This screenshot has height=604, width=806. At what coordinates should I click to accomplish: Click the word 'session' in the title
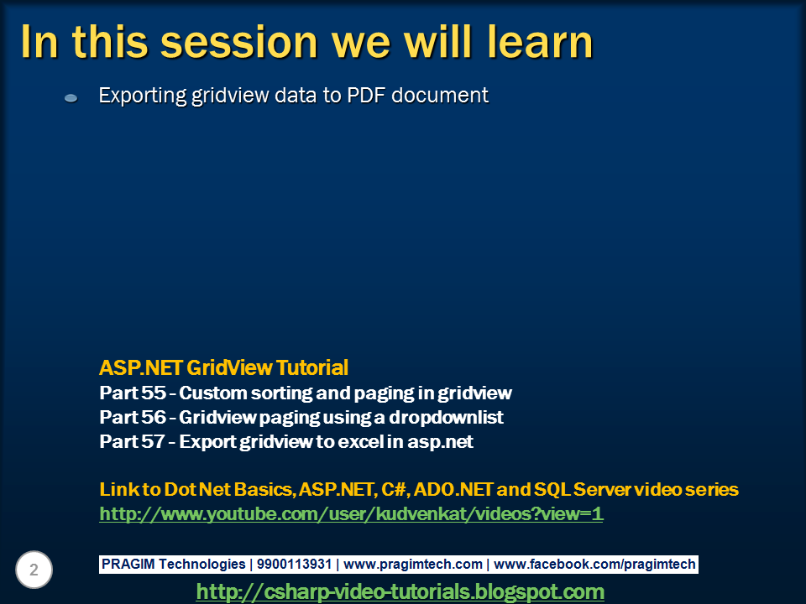239,42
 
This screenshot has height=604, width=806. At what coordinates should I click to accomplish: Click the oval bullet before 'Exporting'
71,97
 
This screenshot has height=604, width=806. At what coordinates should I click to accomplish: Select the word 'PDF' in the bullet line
366,95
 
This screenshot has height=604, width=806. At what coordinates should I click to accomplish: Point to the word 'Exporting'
143,96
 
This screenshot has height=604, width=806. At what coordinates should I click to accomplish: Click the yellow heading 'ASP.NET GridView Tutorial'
223,367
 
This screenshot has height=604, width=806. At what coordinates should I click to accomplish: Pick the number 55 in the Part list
154,393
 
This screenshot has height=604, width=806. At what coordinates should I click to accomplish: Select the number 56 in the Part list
154,417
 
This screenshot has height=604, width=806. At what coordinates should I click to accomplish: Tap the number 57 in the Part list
153,442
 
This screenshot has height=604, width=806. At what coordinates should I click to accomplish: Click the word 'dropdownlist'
446,417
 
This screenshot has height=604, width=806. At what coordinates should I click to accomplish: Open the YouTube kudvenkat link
351,513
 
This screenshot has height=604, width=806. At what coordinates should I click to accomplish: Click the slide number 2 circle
34,570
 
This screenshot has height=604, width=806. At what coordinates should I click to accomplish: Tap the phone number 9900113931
294,564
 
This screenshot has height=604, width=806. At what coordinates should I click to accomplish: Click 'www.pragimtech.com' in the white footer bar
413,565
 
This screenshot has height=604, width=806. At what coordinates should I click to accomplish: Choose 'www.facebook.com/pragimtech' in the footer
594,565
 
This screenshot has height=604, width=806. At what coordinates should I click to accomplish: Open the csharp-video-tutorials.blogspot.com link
400,591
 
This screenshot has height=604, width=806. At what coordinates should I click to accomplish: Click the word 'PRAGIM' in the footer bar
128,564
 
